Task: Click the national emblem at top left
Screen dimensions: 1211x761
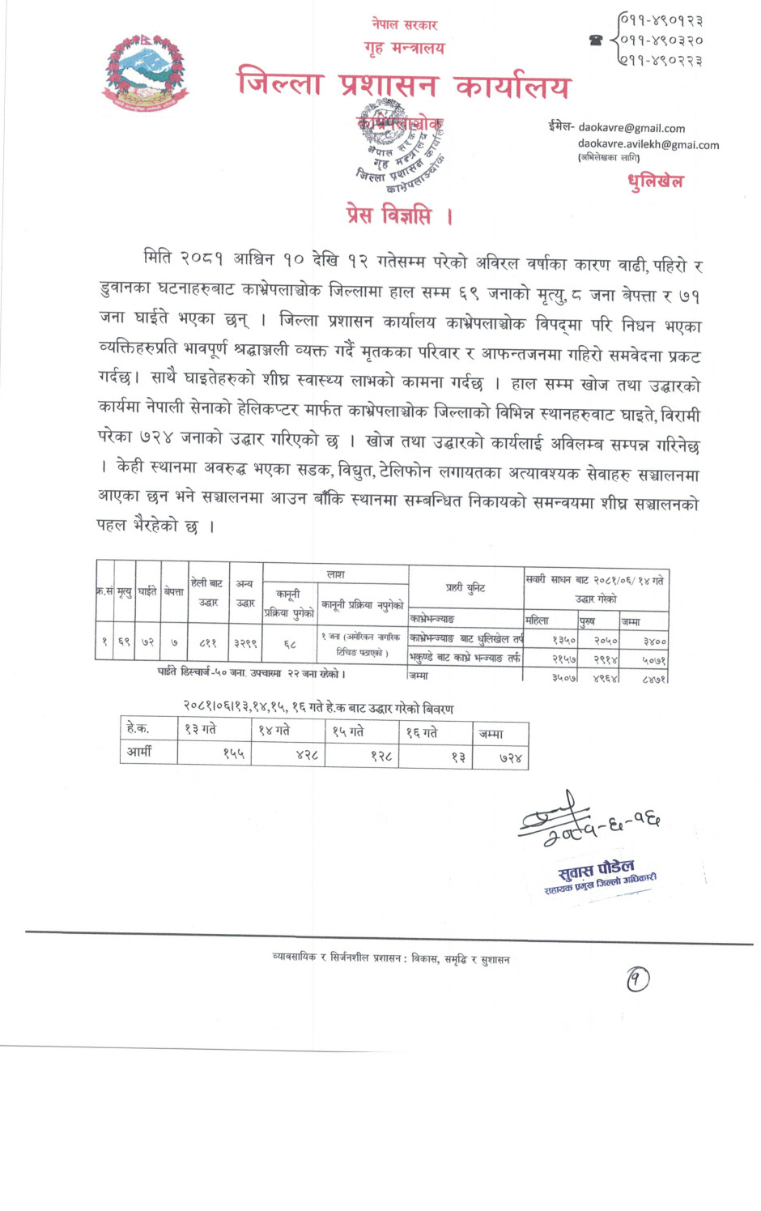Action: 145,73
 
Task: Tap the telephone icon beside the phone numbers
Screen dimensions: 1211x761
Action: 597,40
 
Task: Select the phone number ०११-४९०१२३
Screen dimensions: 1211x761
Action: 661,20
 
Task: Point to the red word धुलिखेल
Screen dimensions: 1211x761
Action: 656,181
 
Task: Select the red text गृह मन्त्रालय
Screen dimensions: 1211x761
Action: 405,48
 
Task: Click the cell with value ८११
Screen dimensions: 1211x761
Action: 208,643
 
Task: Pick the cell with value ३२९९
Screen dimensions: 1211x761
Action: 245,643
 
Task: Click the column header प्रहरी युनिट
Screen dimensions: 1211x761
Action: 466,587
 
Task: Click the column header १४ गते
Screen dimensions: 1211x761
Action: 274,731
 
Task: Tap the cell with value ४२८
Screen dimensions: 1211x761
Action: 307,756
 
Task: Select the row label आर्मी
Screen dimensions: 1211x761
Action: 139,752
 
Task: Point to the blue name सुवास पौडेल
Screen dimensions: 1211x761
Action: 596,870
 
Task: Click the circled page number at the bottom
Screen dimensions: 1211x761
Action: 637,980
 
